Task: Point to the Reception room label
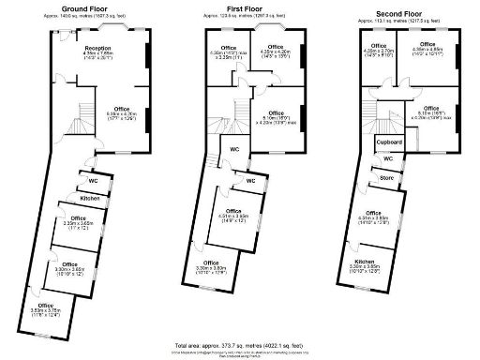coord(98,48)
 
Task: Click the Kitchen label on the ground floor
coord(90,199)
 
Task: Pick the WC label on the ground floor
coord(94,179)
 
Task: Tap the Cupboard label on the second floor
coord(391,142)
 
